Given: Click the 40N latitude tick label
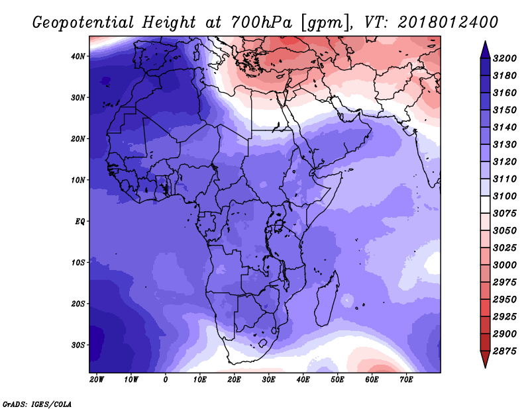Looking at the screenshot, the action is [78, 56].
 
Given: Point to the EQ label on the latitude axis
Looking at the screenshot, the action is [79, 222].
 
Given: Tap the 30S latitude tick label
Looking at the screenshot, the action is [78, 345].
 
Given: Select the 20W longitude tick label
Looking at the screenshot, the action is [97, 380].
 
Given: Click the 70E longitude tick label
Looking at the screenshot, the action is [407, 380].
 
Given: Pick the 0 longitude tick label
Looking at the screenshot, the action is [165, 380].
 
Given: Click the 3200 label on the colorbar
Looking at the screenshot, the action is [505, 58].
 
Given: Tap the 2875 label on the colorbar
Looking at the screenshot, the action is [505, 351].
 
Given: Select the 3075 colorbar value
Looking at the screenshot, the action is [505, 214].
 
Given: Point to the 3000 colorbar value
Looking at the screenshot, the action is [505, 265].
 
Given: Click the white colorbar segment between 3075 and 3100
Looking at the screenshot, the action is [486, 204].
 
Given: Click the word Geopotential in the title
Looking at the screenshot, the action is [83, 23].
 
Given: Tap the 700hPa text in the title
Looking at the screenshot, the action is [262, 23].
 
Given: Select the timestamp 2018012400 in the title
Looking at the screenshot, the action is [448, 23].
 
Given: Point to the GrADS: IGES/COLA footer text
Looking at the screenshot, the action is [37, 404].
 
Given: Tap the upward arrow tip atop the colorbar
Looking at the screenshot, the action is [486, 41].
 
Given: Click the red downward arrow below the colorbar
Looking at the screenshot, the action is [486, 359].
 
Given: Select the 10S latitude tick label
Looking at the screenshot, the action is [78, 263].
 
